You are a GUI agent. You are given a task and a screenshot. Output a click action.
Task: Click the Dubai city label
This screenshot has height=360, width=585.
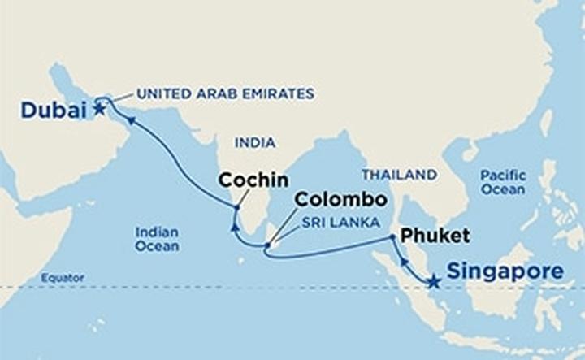(53, 109)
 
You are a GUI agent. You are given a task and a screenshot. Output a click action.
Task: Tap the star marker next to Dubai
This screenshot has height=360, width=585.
(99, 108)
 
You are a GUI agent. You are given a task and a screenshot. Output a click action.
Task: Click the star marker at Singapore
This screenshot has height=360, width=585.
(434, 282)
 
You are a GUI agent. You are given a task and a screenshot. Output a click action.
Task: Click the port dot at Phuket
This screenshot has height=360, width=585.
(392, 237)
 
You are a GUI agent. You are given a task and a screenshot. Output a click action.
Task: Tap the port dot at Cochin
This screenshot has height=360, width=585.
(236, 209)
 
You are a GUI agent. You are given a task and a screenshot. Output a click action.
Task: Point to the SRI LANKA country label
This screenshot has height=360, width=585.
(328, 220)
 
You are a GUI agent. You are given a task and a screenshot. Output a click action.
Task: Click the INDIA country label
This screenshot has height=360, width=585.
(254, 143)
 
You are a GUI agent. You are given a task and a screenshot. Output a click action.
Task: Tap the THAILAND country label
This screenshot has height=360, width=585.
(399, 174)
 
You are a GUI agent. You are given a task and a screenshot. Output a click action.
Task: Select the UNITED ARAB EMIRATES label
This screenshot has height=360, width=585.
(225, 93)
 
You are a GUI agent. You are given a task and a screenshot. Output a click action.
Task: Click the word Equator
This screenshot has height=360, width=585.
(63, 278)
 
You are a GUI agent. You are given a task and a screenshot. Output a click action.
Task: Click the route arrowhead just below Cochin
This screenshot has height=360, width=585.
(234, 228)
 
